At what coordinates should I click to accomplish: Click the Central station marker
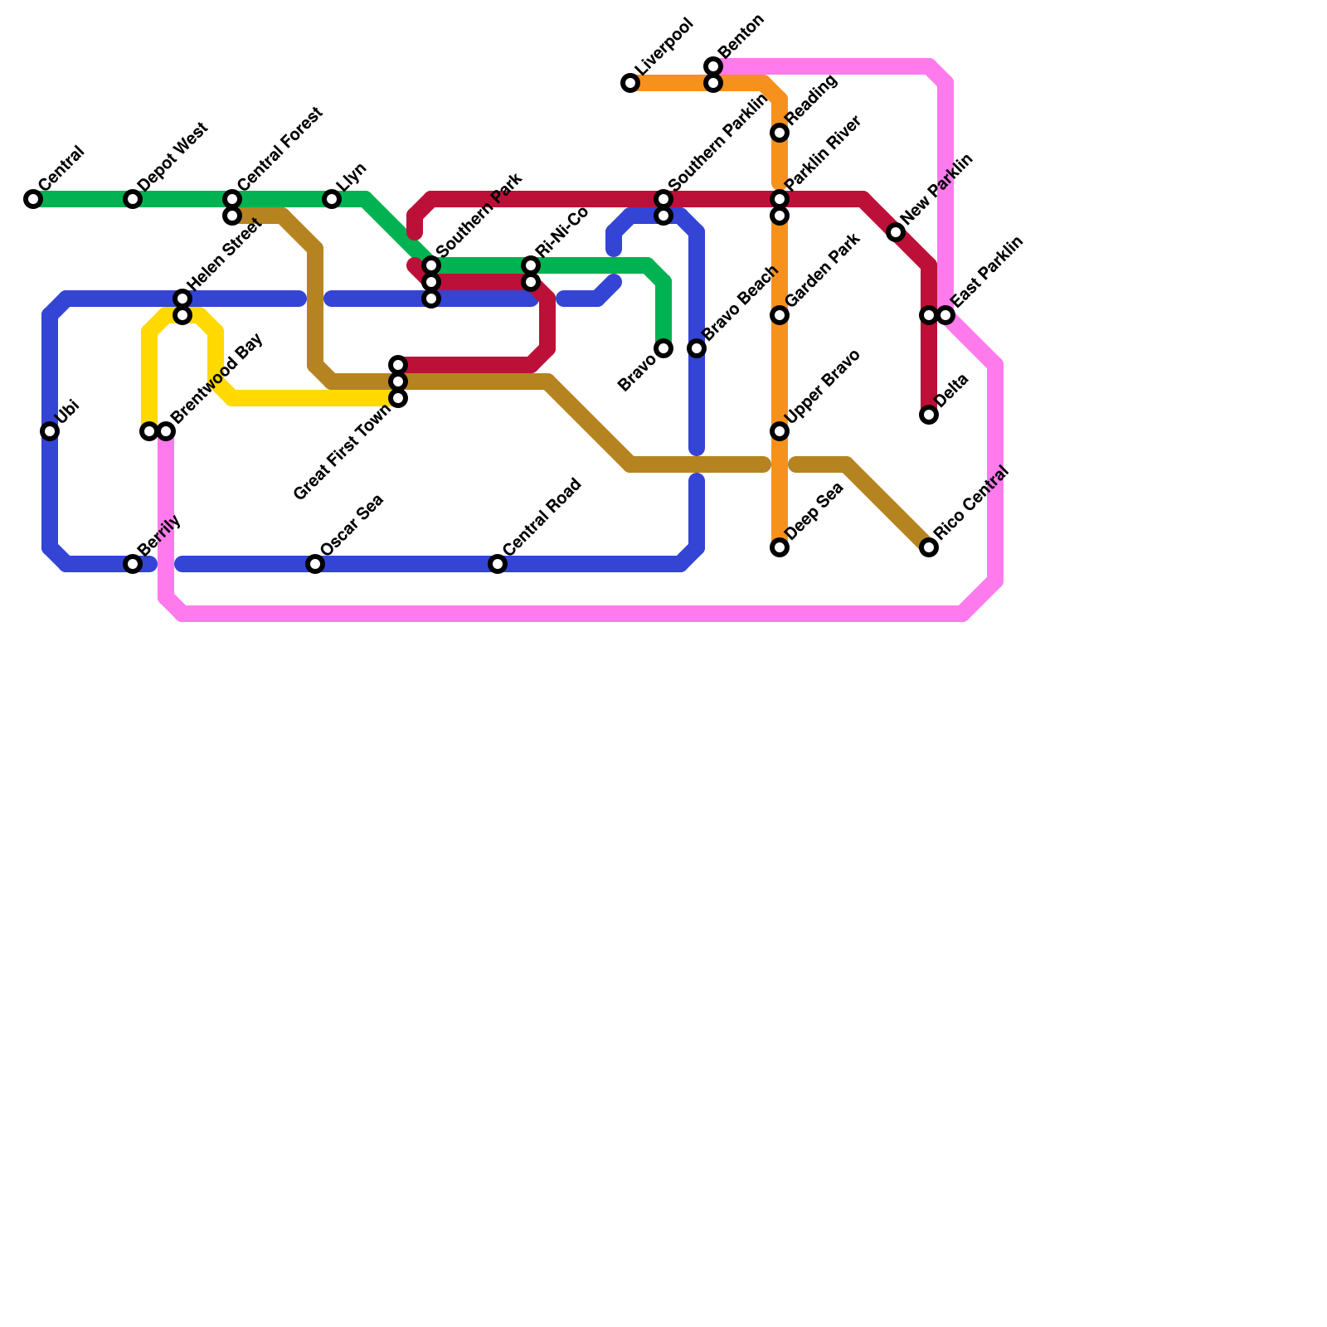coord(33,199)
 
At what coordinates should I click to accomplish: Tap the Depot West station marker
coord(133,199)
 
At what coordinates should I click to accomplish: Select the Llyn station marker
coord(332,199)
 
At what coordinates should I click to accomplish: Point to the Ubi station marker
coord(50,431)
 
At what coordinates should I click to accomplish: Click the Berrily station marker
coord(133,564)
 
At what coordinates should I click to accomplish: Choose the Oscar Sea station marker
coord(315,564)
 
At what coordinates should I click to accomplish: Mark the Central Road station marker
coord(498,564)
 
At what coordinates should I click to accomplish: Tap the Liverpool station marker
coord(630,83)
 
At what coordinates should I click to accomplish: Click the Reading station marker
coord(780,133)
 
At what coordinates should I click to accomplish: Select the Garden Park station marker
coord(780,315)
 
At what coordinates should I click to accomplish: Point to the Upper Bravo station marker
coord(780,431)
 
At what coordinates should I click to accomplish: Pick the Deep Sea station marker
coord(780,547)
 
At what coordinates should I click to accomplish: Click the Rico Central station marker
coord(929,547)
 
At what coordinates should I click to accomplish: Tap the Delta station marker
coord(929,415)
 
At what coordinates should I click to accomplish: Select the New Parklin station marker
coord(896,232)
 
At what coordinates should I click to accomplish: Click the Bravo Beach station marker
coord(697,348)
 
